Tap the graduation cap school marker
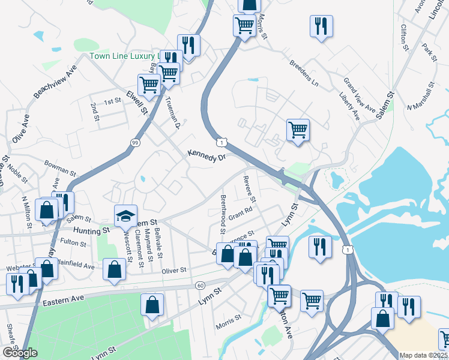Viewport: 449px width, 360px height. click(x=126, y=216)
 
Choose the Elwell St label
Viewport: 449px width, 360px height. click(x=137, y=102)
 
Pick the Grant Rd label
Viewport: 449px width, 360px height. click(x=240, y=213)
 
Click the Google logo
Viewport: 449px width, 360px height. click(x=20, y=353)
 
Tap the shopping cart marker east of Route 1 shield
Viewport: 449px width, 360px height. click(x=298, y=129)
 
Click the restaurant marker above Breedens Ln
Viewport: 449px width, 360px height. click(x=321, y=26)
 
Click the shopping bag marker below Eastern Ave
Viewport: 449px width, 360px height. click(x=152, y=304)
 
